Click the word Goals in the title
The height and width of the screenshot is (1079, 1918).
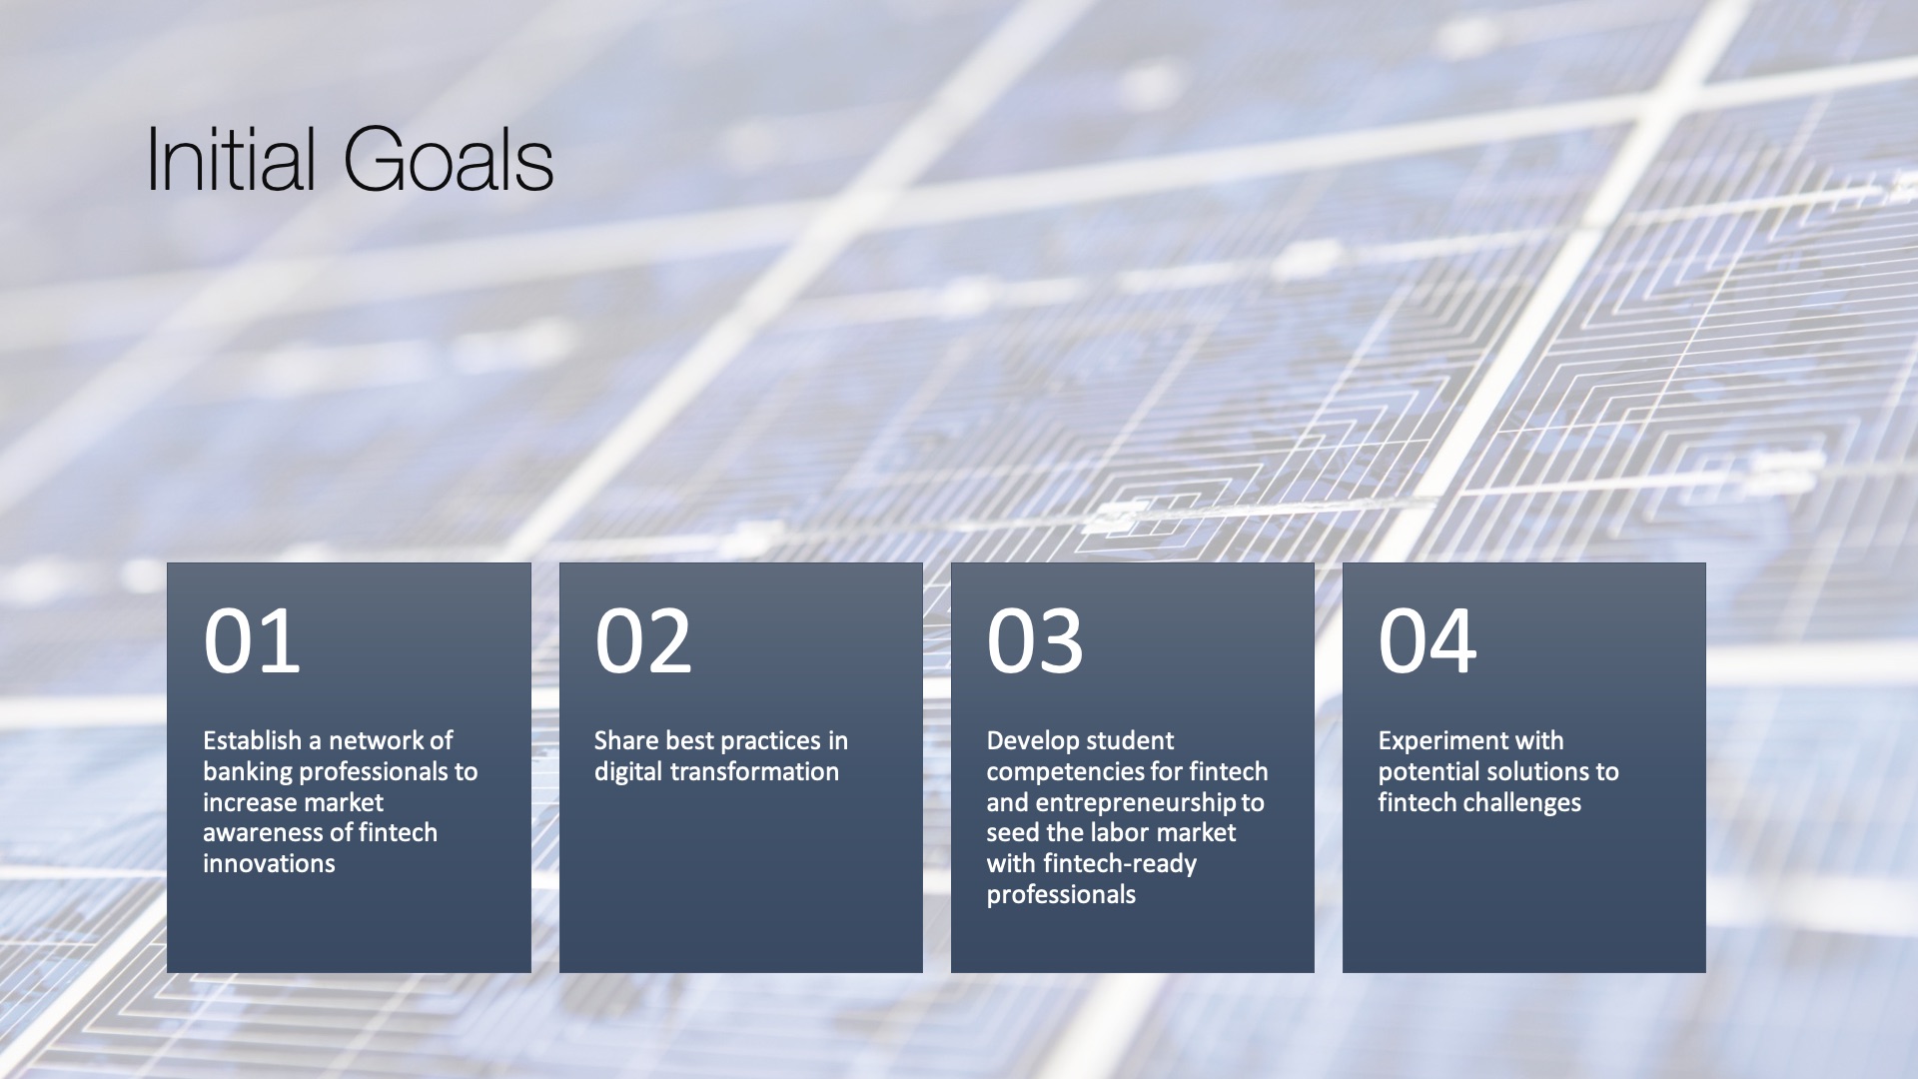pos(449,160)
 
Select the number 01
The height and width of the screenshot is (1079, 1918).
pos(252,641)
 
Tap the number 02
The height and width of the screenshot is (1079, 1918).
pos(643,641)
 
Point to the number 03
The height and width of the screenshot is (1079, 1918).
pos(1035,641)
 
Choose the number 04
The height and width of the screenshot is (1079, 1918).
pos(1428,641)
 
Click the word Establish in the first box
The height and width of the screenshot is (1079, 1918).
pos(252,740)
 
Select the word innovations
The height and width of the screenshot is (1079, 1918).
pos(269,864)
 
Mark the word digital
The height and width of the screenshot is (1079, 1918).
pos(628,772)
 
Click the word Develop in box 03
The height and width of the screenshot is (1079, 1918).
pos(1028,741)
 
